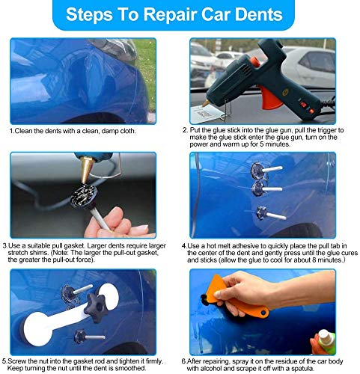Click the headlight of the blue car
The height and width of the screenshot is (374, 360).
coord(115,49)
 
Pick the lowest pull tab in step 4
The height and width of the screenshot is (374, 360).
coord(271,214)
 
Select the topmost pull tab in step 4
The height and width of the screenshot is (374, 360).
coord(266,171)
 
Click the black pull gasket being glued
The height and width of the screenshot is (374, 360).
coord(84,196)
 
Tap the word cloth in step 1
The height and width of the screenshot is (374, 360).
coord(128,131)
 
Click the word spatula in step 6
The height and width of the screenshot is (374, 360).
coord(303,369)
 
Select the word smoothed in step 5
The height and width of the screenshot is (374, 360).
coord(130,368)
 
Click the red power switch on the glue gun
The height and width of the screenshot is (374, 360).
coord(303,104)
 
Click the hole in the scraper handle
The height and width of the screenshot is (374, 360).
coord(262,312)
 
